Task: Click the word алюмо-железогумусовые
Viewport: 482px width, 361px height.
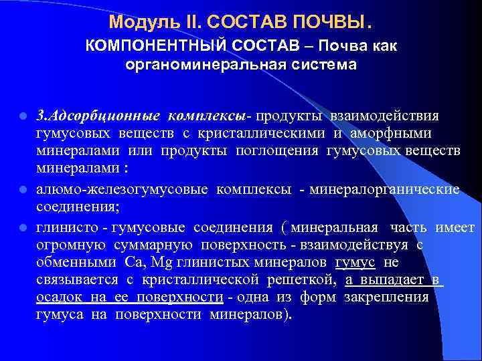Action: click(x=123, y=189)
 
